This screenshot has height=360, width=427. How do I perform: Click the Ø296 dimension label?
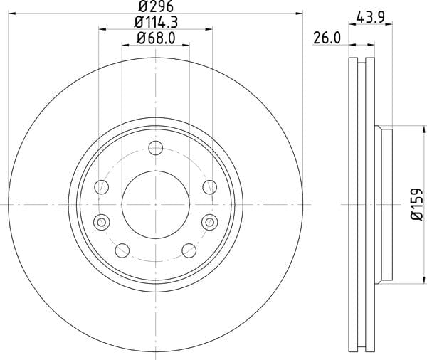[155, 6]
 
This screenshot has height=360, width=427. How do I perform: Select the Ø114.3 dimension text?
[156, 22]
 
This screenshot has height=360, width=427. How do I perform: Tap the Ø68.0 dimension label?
[156, 38]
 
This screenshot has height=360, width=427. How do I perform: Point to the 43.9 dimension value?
[370, 18]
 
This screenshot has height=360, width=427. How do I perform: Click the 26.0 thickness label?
[327, 38]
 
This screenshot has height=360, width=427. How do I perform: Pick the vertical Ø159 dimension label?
[417, 204]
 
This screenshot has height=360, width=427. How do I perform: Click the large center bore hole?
[155, 204]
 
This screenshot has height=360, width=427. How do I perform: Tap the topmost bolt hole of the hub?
[155, 148]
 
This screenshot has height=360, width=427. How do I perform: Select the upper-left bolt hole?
[102, 187]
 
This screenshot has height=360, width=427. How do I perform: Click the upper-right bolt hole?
[210, 187]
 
